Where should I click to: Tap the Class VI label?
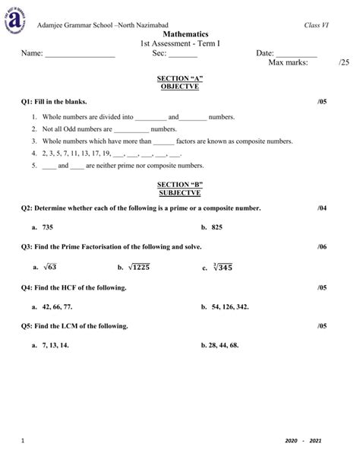(314, 27)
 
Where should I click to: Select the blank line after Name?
(80, 55)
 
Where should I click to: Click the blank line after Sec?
(183, 55)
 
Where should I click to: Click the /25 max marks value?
(344, 63)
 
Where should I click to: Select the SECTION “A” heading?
(179, 78)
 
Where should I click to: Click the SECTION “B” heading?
(179, 185)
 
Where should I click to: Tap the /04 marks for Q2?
(322, 208)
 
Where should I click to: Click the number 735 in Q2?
(48, 227)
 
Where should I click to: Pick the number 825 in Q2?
(216, 227)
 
